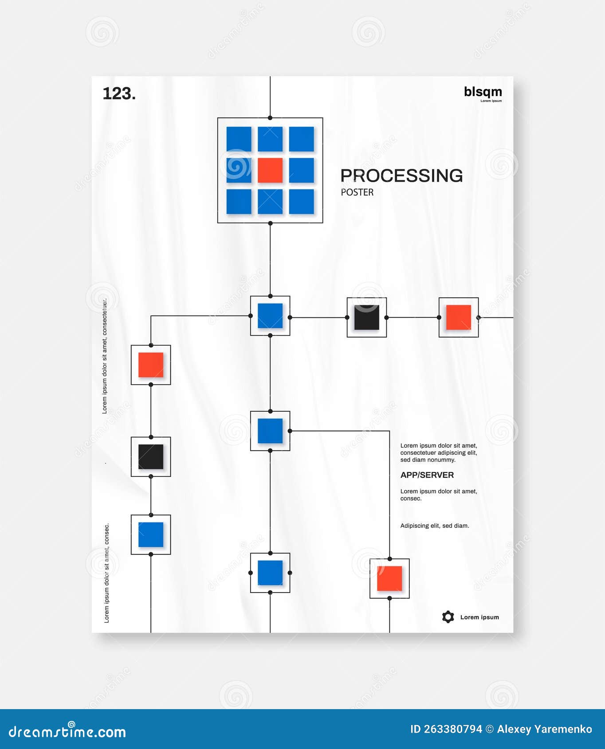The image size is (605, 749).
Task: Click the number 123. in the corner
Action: (119, 94)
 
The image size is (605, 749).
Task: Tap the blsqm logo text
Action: (483, 92)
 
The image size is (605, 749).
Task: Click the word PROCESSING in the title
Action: (401, 176)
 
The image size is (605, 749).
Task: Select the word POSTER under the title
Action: (357, 192)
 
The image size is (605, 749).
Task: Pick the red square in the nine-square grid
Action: (270, 170)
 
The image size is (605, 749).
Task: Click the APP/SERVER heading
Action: (427, 475)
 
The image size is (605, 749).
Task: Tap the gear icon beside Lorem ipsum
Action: (448, 617)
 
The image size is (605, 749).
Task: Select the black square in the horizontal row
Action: (366, 317)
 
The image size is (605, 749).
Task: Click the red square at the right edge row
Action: (458, 317)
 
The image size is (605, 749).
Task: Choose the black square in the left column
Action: (151, 456)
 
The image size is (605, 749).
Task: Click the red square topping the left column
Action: (151, 365)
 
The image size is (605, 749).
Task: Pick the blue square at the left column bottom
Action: (151, 534)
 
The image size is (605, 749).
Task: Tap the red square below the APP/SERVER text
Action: (389, 578)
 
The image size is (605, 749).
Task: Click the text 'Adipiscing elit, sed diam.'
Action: (434, 526)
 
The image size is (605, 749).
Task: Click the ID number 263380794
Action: (452, 729)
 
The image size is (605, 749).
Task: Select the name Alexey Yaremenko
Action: (544, 729)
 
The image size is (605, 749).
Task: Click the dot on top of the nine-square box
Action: (270, 118)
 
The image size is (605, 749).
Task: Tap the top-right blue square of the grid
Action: (302, 139)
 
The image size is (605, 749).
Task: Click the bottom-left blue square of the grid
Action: (239, 202)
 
